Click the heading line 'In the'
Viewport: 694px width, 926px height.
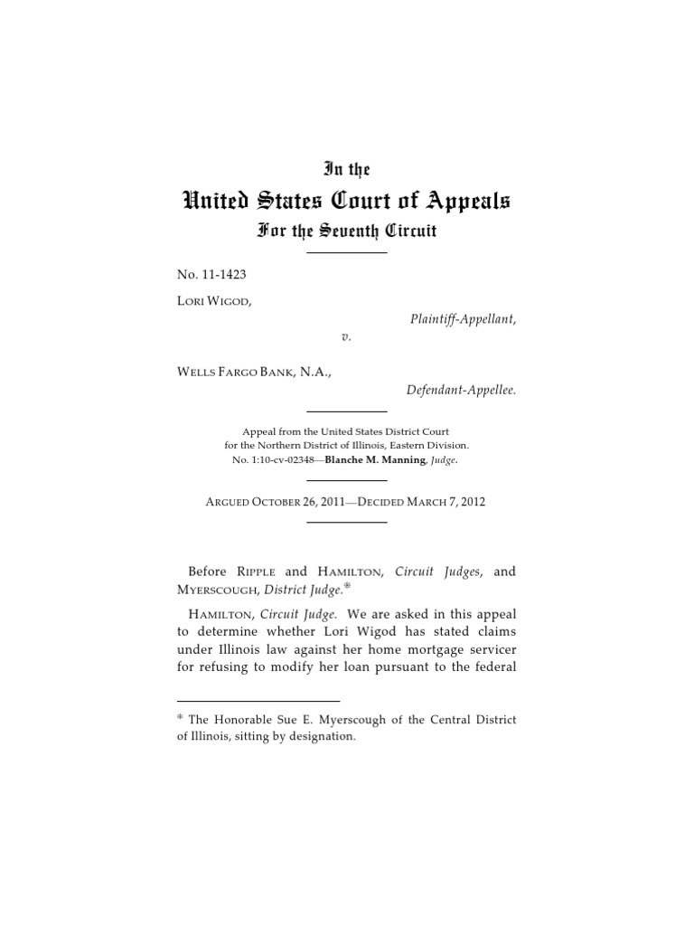click(347, 168)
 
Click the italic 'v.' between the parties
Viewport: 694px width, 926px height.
click(346, 335)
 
